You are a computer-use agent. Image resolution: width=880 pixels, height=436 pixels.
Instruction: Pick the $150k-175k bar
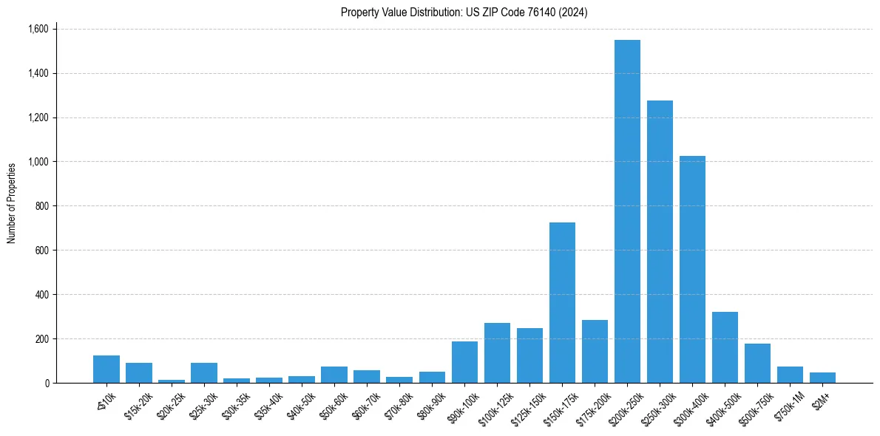[x=562, y=303]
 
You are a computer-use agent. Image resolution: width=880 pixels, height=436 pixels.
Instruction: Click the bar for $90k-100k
[x=464, y=362]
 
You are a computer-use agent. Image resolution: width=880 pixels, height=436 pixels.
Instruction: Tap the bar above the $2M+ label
[x=822, y=378]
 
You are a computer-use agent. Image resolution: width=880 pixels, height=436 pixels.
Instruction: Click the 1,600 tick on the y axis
[x=38, y=30]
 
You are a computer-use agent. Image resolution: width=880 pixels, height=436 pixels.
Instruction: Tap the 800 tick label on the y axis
[x=41, y=206]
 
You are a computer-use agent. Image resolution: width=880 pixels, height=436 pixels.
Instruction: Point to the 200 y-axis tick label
[x=41, y=339]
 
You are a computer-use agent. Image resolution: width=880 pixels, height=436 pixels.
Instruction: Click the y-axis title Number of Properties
[x=12, y=203]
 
